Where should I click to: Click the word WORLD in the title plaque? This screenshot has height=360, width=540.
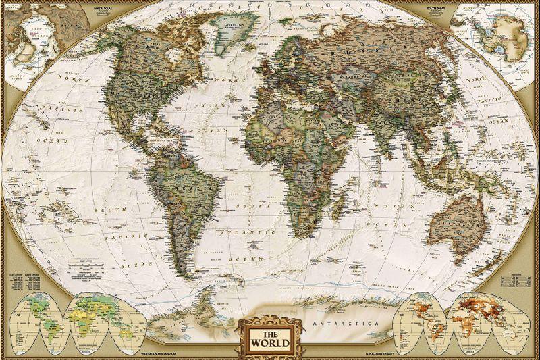(270, 342)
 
